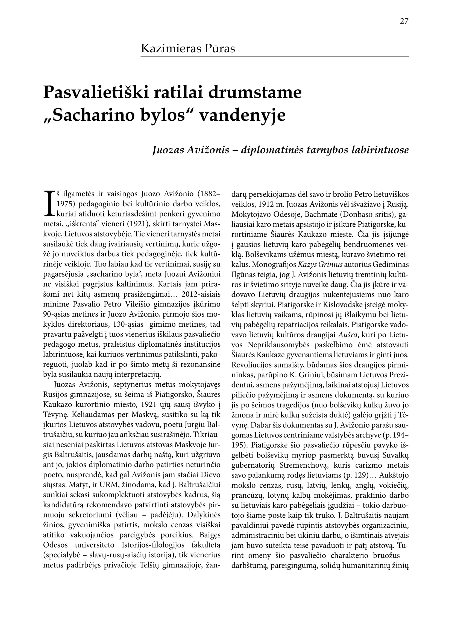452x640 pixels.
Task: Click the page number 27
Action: [404, 21]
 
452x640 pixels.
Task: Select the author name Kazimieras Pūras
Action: [188, 48]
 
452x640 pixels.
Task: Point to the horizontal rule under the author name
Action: [274, 57]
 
